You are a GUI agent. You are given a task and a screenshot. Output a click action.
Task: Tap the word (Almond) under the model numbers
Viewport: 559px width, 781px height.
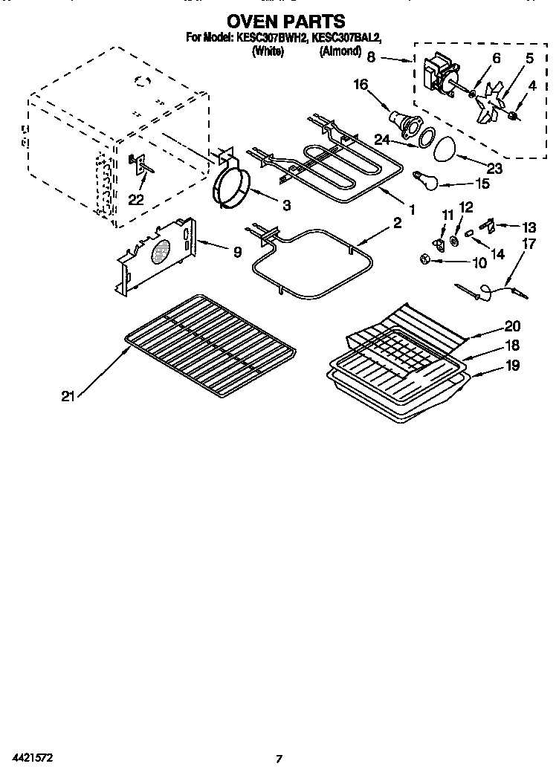click(340, 51)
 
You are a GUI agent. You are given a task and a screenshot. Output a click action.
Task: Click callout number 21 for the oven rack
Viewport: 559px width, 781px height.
click(68, 396)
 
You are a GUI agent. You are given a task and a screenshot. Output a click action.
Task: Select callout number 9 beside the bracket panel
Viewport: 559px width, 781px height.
click(236, 253)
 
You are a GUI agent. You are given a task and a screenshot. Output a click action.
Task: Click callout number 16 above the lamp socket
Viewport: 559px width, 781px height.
click(361, 85)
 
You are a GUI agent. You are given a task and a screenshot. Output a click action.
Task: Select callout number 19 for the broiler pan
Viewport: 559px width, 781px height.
click(512, 365)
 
